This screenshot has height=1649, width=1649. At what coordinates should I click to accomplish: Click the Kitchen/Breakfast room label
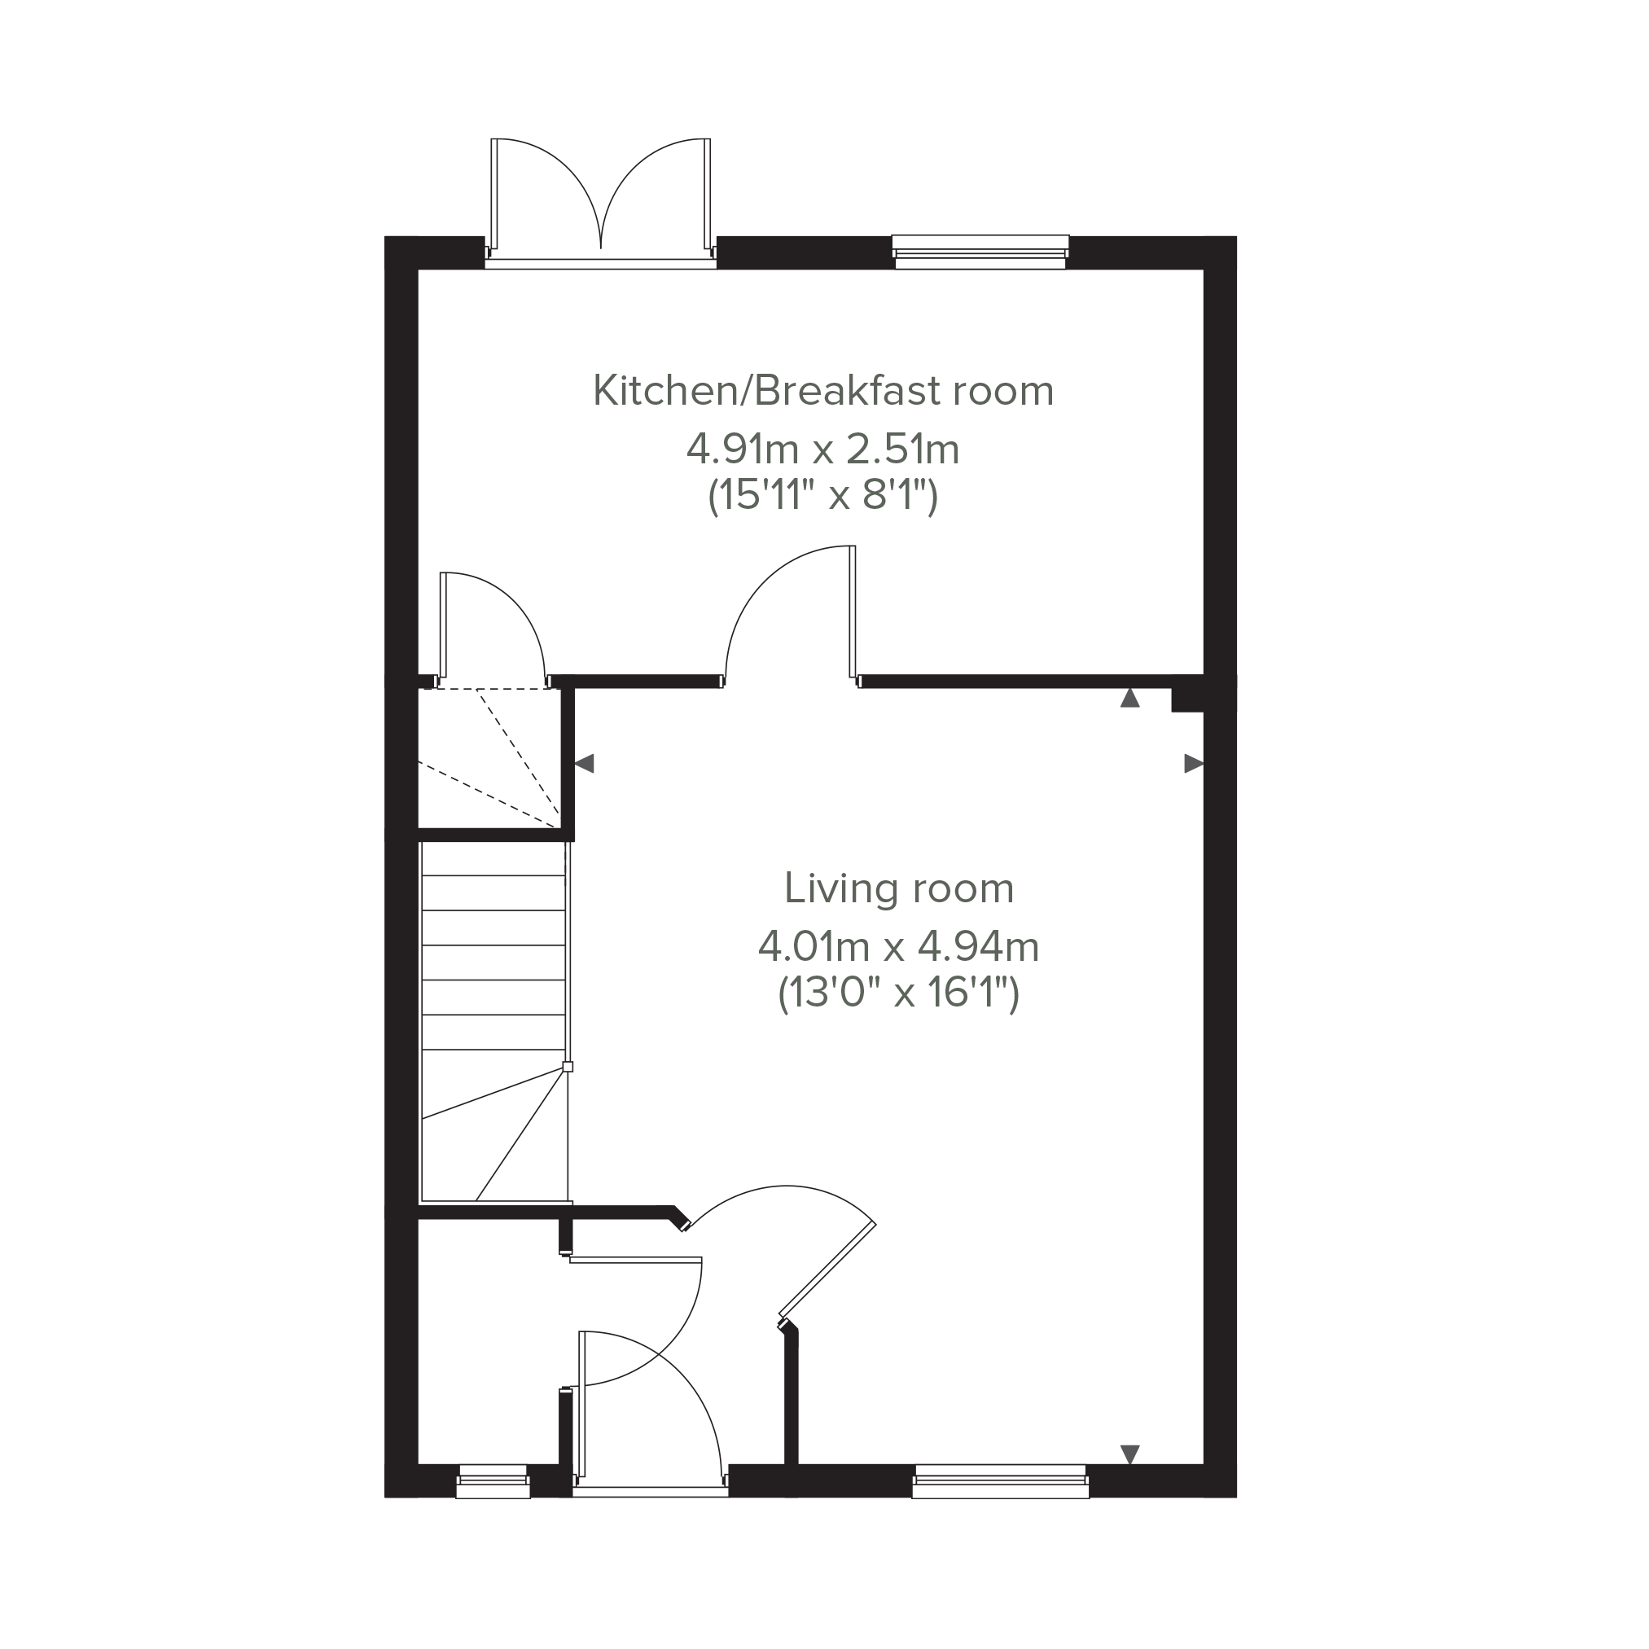(822, 391)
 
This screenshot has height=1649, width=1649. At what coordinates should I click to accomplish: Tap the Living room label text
(899, 888)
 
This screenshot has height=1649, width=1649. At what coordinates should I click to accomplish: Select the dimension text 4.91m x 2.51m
(822, 449)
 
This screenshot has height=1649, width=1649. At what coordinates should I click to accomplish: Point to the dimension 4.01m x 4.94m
(899, 946)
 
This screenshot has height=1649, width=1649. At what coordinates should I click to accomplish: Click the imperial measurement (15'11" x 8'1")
(822, 495)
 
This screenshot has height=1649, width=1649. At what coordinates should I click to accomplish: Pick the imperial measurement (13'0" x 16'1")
(899, 993)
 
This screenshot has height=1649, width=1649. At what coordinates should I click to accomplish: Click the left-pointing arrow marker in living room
(585, 763)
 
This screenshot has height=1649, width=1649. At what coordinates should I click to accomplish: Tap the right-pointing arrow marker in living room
(1193, 763)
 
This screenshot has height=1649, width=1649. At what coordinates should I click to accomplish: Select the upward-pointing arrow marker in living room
(1130, 697)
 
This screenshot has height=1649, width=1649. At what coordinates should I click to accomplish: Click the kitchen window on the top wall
(980, 252)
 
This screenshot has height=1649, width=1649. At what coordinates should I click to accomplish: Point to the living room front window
(1000, 1481)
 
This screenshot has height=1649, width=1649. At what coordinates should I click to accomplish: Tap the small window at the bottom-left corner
(493, 1481)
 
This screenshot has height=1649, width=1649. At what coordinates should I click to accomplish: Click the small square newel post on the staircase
(568, 1067)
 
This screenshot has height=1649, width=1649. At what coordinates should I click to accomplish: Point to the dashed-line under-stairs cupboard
(489, 758)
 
